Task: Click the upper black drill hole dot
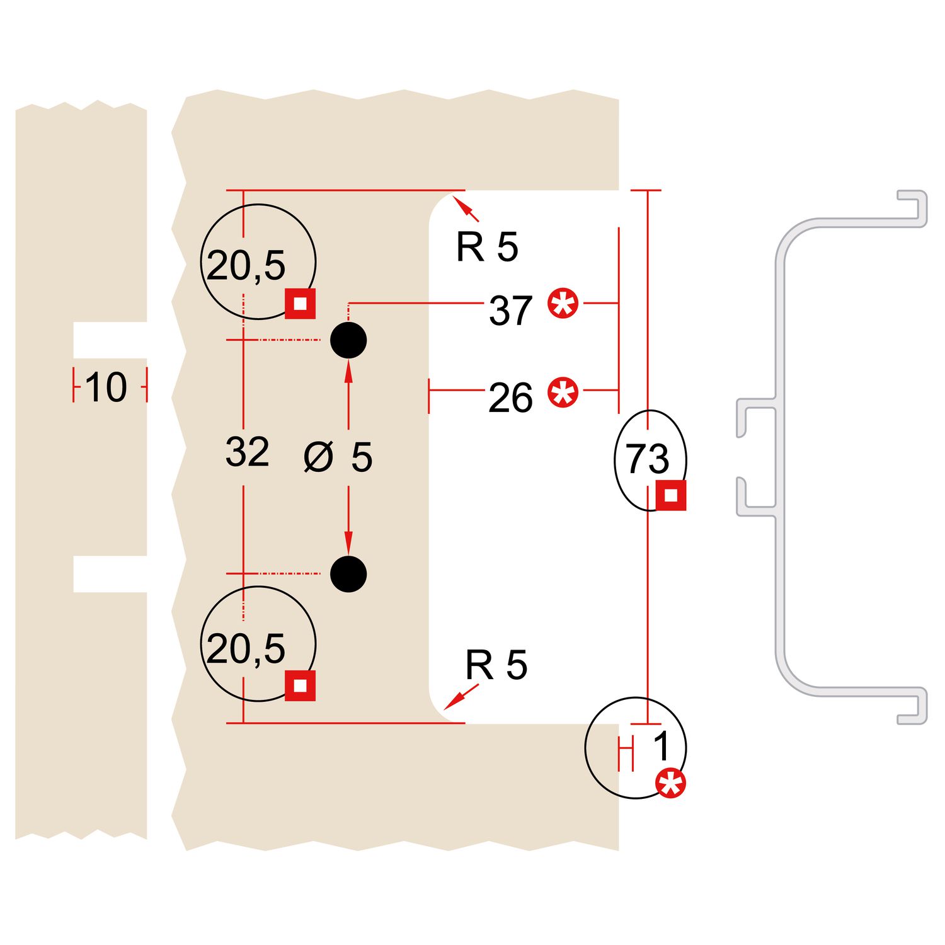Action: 348,340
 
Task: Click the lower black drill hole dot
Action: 348,574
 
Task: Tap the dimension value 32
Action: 247,452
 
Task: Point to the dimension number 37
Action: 510,311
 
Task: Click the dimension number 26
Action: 510,398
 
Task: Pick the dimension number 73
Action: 647,459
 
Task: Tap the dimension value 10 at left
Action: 106,387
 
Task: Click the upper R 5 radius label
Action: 487,247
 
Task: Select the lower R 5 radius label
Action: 496,665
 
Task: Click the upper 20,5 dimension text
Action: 246,265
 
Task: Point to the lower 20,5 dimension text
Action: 246,649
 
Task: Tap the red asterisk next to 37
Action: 563,304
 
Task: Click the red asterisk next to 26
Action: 563,392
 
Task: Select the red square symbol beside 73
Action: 671,496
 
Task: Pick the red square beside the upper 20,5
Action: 301,304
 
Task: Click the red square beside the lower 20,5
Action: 301,685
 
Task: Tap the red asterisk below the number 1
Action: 670,784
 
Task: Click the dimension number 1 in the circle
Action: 661,747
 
